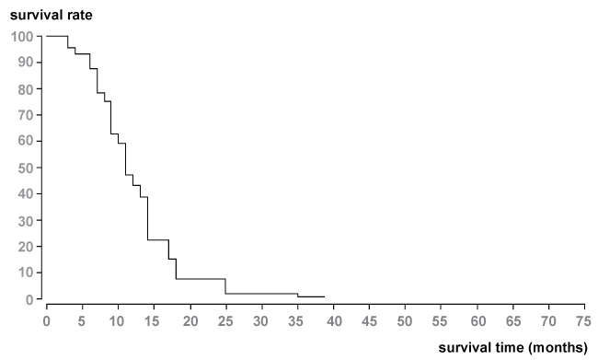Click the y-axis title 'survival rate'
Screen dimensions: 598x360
pos(52,16)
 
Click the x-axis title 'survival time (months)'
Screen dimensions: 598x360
pos(513,347)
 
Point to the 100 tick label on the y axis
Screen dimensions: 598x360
pos(22,37)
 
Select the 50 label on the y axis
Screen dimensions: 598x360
pos(26,168)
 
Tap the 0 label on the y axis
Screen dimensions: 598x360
pos(29,299)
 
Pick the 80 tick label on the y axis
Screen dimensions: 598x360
pos(26,89)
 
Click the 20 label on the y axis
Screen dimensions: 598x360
pos(26,246)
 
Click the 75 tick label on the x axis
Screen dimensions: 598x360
pos(583,321)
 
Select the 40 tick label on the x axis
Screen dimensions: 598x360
pos(334,321)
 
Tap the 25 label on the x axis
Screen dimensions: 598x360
pos(225,321)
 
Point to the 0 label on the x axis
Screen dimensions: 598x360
pos(47,321)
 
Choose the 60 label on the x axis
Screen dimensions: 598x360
pos(477,321)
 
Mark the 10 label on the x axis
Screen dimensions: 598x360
pos(117,321)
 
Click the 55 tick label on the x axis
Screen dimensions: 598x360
pos(441,321)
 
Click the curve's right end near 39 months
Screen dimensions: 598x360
pos(325,296)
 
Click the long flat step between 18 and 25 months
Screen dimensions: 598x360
pos(201,279)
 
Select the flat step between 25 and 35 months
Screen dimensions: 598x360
pos(261,294)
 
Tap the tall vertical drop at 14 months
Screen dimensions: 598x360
pos(147,218)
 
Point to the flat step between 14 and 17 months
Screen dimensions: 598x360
pos(158,239)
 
